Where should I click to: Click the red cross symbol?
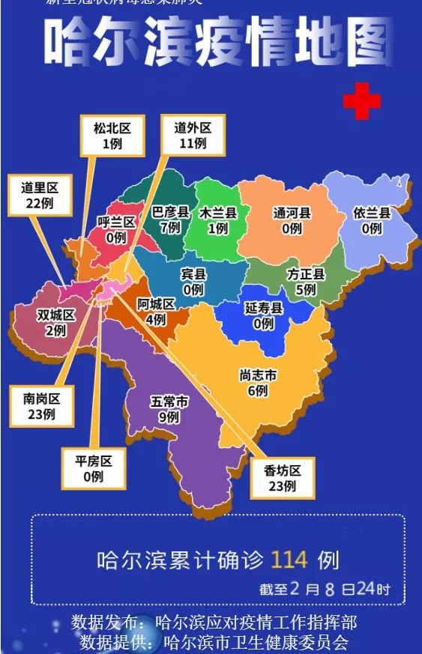coord(361,102)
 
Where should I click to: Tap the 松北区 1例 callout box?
coord(112,136)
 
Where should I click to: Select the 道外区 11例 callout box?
coord(193,136)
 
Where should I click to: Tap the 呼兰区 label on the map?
coord(115,229)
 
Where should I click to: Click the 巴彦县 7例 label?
coord(170,219)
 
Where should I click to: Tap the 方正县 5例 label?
coord(306,282)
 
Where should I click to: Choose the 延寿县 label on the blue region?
coord(263,315)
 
